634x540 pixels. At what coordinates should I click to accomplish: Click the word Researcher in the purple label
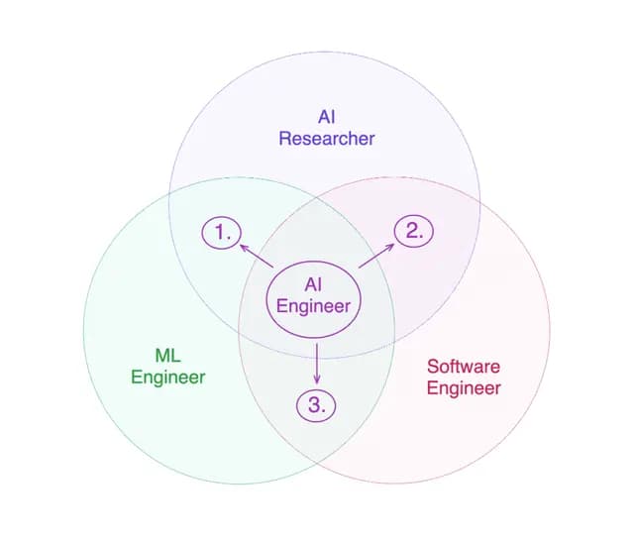[326, 138]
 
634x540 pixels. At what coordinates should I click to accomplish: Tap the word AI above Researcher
[326, 116]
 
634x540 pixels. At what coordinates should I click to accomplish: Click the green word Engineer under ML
[167, 377]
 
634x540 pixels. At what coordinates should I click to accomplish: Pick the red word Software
[464, 366]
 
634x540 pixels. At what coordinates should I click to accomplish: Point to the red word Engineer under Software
[464, 387]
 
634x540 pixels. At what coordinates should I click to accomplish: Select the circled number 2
[414, 231]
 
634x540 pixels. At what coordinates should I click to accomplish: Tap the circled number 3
[317, 404]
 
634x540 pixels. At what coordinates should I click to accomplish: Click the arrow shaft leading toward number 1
[260, 257]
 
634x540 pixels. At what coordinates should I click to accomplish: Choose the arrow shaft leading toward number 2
[372, 256]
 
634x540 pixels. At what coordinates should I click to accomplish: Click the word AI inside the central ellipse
[314, 285]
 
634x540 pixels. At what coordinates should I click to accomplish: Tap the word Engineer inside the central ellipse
[314, 305]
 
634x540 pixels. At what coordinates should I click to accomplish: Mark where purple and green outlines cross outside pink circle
[169, 193]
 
